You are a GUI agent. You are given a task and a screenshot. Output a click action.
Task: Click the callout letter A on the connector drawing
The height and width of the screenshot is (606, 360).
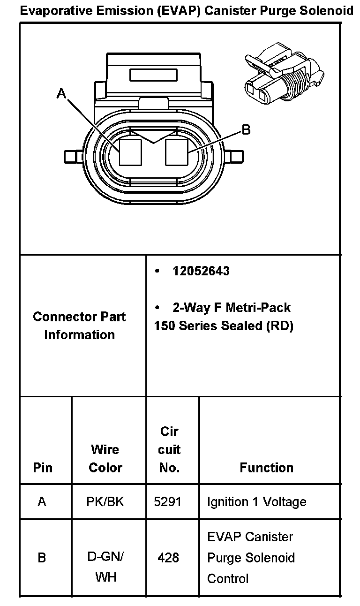click(x=61, y=94)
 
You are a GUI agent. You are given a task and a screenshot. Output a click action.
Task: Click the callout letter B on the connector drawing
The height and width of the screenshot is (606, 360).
click(x=246, y=130)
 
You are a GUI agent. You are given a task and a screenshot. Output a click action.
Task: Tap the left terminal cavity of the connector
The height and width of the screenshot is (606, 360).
click(x=130, y=152)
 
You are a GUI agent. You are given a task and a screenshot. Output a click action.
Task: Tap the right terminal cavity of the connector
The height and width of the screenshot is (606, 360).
click(x=177, y=152)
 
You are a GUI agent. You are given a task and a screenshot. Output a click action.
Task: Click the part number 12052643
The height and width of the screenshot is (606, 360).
click(x=201, y=272)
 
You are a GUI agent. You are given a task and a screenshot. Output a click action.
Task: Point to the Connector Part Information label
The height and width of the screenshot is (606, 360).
click(x=79, y=326)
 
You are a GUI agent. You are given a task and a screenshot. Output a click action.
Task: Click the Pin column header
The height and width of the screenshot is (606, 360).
click(x=43, y=468)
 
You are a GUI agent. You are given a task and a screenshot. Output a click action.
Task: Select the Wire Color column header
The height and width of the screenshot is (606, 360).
click(x=105, y=458)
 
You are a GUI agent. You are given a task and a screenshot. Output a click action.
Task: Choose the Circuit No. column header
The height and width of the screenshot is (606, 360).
click(x=169, y=449)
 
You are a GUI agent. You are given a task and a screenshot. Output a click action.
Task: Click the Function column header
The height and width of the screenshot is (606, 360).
click(x=266, y=468)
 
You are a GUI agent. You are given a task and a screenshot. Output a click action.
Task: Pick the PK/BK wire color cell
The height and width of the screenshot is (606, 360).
click(x=105, y=502)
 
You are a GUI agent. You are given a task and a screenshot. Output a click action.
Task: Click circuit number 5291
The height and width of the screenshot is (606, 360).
click(x=167, y=502)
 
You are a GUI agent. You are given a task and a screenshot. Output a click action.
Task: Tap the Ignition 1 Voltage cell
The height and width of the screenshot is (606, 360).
click(x=256, y=502)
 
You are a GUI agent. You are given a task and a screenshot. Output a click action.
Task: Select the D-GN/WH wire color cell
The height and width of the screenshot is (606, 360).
click(x=105, y=567)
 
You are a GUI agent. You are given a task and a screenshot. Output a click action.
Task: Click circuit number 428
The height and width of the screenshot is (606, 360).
click(x=168, y=558)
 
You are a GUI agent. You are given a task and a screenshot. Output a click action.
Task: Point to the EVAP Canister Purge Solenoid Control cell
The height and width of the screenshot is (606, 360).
click(x=251, y=558)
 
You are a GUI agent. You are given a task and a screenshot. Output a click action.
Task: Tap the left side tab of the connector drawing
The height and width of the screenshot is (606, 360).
click(x=73, y=156)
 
